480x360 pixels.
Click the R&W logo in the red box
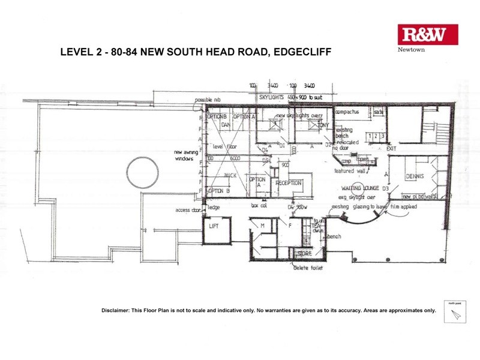click(428, 35)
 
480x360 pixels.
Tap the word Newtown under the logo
click(411, 50)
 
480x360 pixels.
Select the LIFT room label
click(214, 227)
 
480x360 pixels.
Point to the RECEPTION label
click(289, 183)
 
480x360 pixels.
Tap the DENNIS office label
click(414, 176)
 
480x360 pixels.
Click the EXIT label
click(391, 148)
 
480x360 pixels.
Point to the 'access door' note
click(187, 210)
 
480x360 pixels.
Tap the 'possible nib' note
click(208, 100)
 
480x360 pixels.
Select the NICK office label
click(230, 176)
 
